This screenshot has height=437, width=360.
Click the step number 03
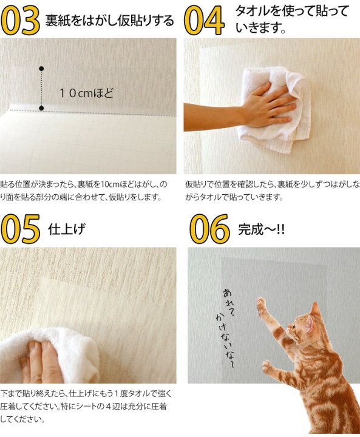tap(21, 19)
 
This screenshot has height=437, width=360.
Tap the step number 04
tap(203, 19)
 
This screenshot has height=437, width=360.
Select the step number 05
tap(22, 229)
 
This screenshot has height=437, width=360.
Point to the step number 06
tap(209, 229)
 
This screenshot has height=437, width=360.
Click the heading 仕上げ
tap(66, 229)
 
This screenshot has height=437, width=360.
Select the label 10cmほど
tap(86, 93)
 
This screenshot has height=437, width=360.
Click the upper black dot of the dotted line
tap(41, 68)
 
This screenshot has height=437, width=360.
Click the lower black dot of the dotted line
tap(41, 108)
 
